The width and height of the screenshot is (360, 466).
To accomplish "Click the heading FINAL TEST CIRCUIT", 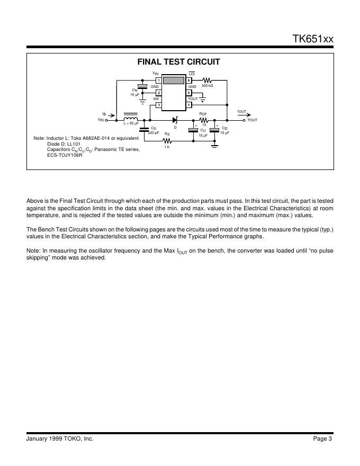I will (178, 62).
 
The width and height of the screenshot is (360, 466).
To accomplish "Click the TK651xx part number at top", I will (313, 39).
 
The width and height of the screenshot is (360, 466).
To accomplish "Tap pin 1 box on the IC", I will (158, 80).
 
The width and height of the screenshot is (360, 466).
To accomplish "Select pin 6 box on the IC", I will (188, 80).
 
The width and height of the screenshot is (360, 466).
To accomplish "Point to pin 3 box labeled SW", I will (158, 104).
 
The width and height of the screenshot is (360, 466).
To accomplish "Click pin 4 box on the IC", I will (188, 104).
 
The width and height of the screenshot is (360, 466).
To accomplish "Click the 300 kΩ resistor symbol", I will (207, 80).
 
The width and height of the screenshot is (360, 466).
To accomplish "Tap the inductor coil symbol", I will (130, 119).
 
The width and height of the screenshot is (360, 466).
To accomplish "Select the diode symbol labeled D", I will (175, 120).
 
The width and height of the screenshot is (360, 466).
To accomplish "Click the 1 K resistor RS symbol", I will (167, 141).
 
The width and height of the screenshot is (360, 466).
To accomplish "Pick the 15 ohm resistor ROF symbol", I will (204, 120).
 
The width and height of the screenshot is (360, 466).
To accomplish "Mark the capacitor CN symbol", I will (142, 86).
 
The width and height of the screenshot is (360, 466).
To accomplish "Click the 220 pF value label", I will (154, 132).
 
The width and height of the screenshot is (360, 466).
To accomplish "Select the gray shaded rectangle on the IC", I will (173, 80).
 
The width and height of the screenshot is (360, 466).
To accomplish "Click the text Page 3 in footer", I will (322, 438).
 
